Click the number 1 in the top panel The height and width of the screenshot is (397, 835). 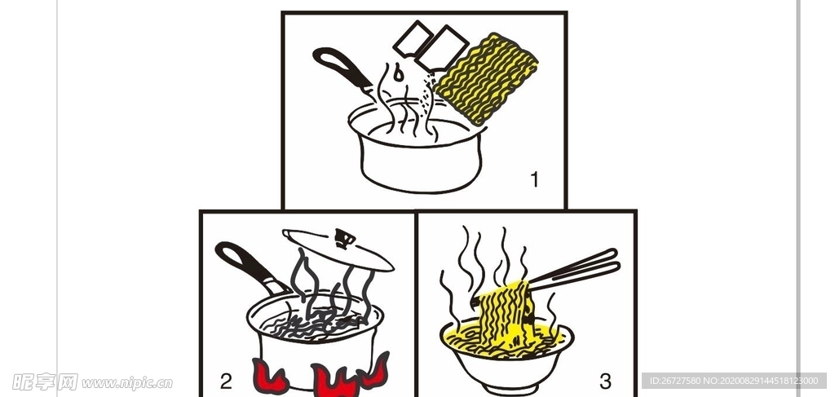(x=535, y=179)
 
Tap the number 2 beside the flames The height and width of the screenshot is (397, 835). (x=226, y=380)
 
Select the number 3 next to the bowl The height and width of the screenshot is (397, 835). (x=605, y=380)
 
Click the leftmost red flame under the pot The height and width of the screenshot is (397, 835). (x=269, y=375)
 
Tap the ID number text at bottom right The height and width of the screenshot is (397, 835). (x=734, y=381)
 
